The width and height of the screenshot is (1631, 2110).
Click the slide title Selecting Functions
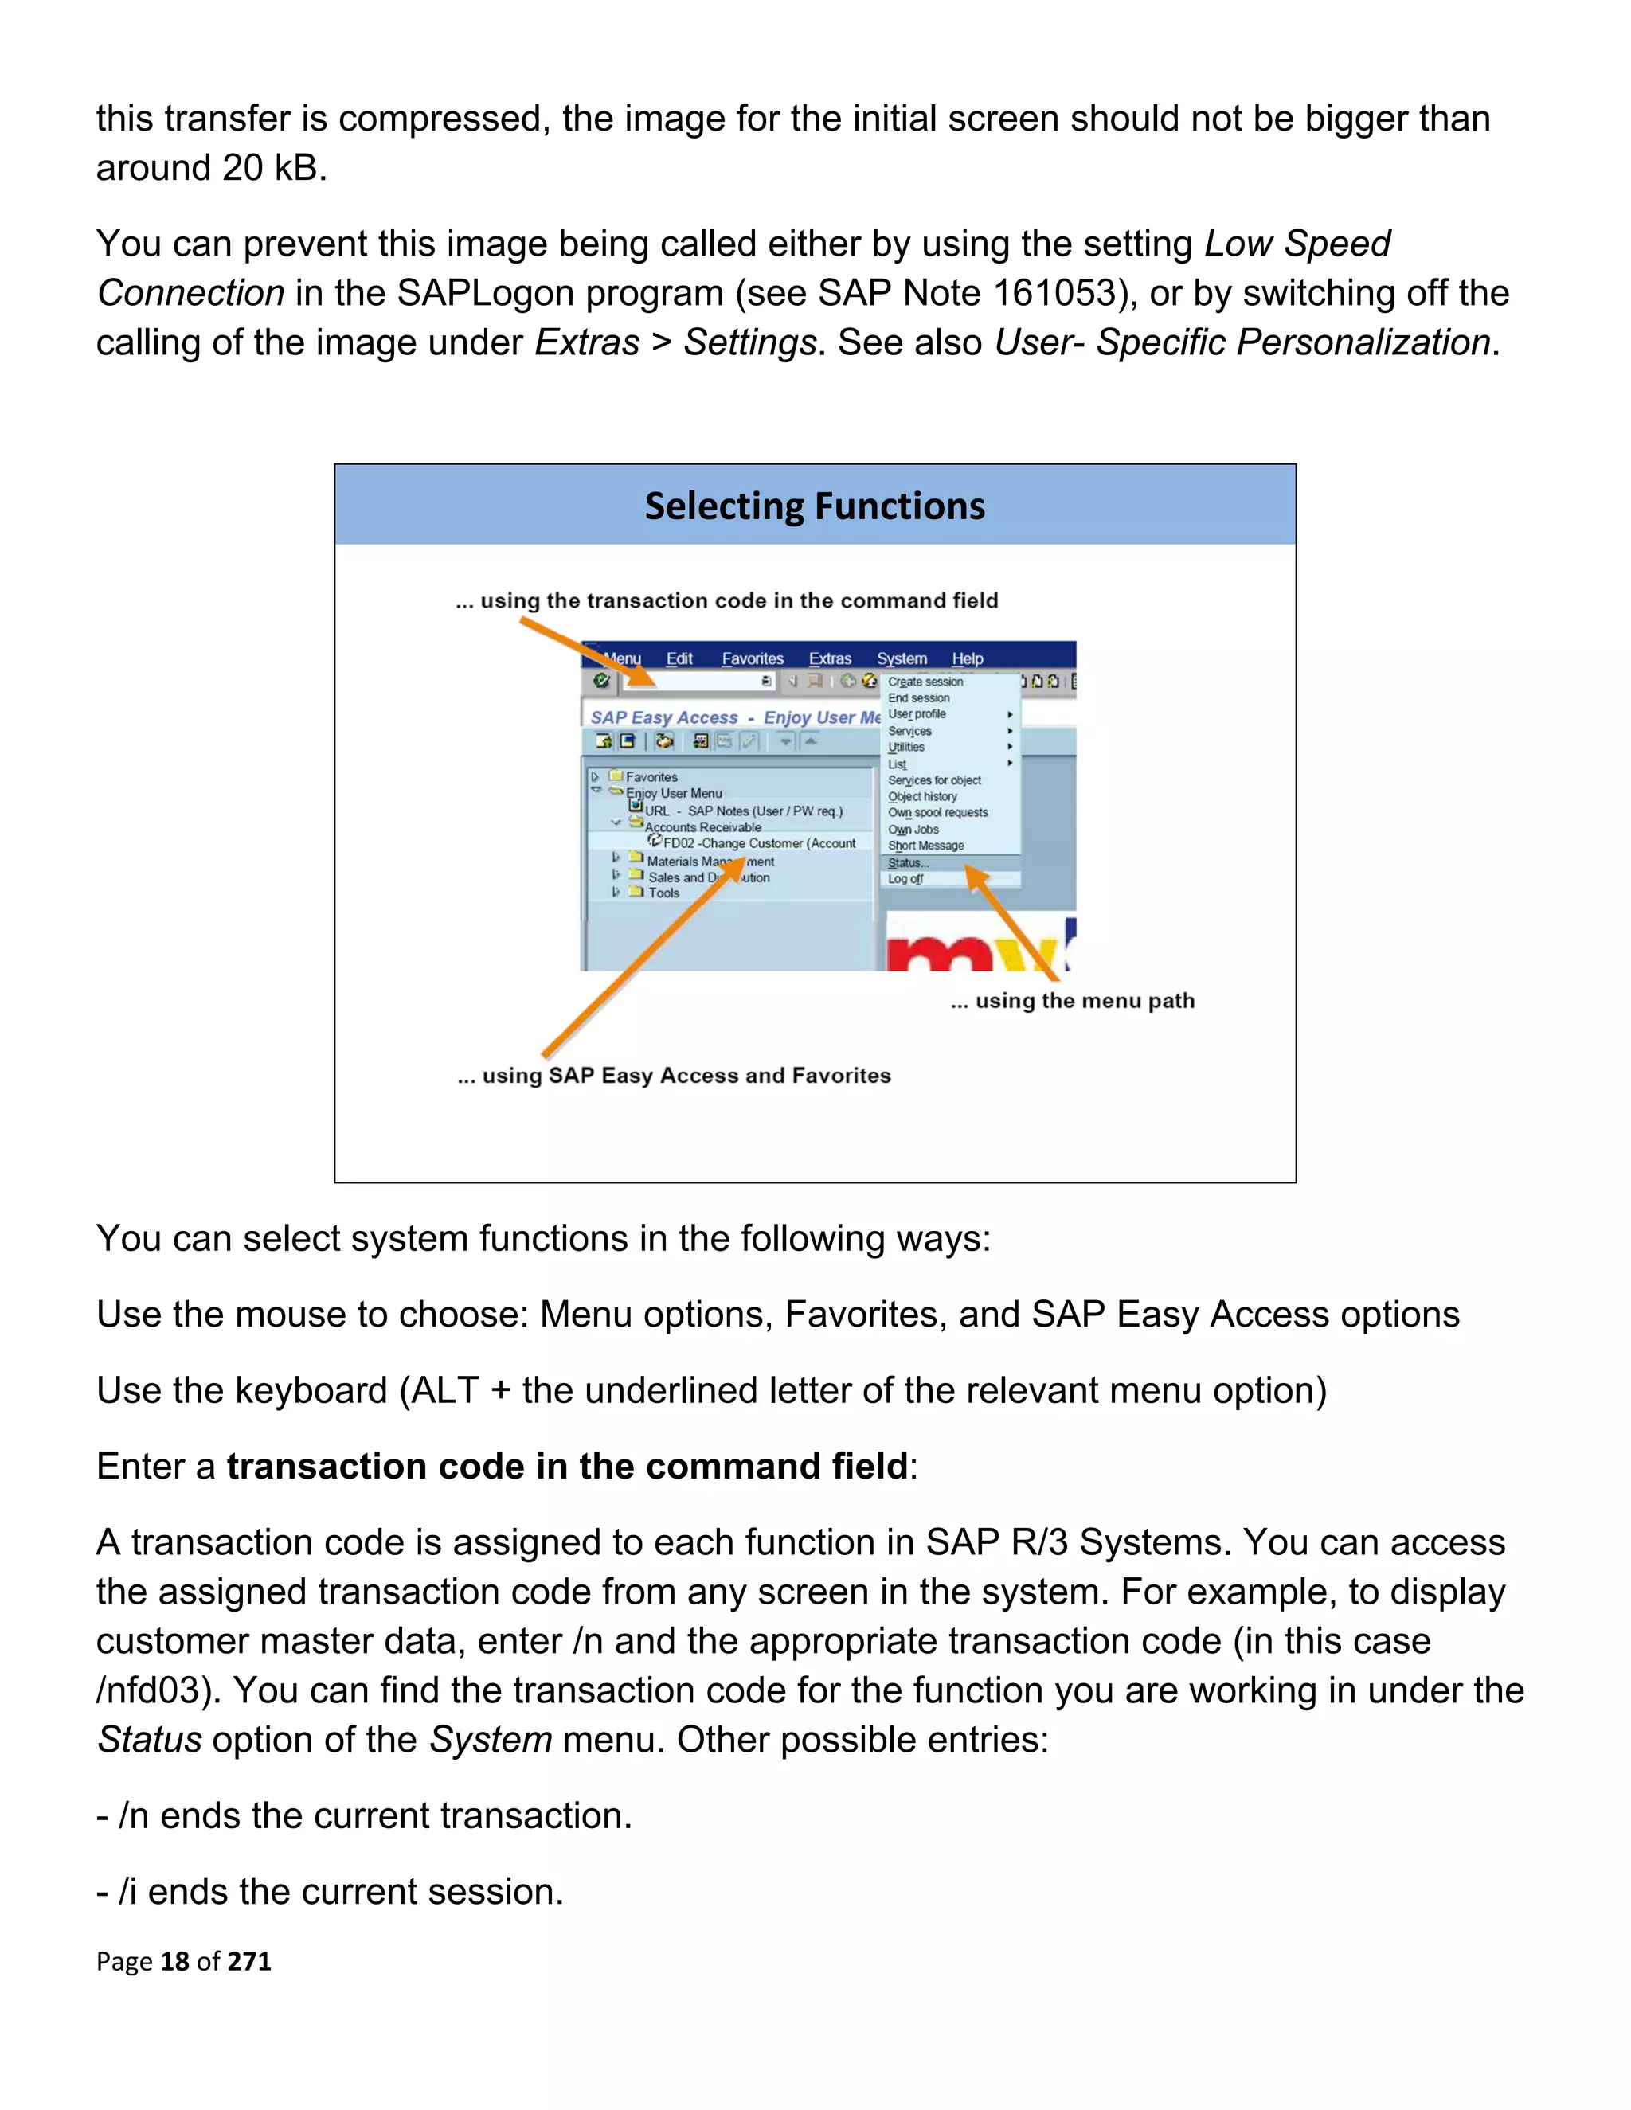[x=815, y=506]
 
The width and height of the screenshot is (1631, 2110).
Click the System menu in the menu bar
[x=901, y=659]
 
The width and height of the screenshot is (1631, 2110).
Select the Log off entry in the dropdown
[x=905, y=879]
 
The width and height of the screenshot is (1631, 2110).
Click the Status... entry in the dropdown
[x=907, y=863]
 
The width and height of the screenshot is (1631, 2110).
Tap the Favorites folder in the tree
[x=651, y=777]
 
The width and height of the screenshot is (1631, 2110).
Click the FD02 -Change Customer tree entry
[x=758, y=843]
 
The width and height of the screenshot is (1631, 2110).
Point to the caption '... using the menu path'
[x=1072, y=1001]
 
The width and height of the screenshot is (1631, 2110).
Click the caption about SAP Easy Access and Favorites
[x=674, y=1075]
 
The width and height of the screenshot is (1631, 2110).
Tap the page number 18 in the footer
[x=174, y=1961]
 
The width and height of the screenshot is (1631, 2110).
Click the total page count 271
[x=249, y=1961]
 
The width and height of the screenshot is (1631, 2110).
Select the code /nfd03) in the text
[x=159, y=1690]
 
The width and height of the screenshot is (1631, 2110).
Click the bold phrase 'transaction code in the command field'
[x=567, y=1467]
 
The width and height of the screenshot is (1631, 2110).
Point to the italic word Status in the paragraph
[x=150, y=1740]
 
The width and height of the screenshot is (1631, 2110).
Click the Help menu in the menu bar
[x=967, y=659]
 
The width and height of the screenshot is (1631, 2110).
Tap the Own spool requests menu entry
[x=937, y=812]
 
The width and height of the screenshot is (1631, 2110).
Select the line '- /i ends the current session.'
[x=330, y=1892]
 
